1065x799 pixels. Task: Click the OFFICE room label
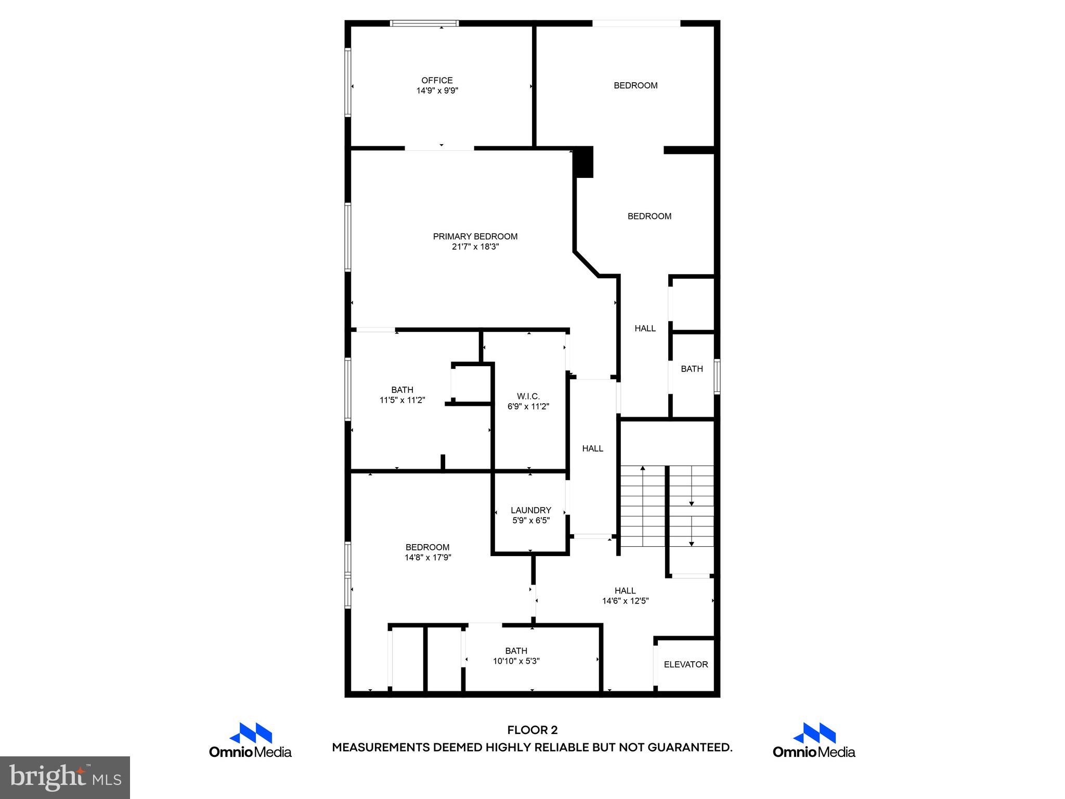(437, 80)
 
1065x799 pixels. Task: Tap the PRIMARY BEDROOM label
(475, 236)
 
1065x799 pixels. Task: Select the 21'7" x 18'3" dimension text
(475, 247)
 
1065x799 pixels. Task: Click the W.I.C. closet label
(528, 396)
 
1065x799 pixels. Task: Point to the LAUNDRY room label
(530, 510)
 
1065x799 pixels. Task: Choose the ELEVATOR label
(686, 664)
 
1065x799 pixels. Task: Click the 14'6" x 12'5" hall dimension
(625, 601)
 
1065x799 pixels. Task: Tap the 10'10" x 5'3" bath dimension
(516, 661)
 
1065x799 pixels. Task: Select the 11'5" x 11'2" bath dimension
(402, 400)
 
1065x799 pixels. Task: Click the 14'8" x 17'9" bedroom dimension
(427, 558)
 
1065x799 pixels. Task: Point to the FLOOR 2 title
(532, 730)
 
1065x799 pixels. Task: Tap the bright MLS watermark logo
(65, 777)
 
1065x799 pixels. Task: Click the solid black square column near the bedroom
(583, 162)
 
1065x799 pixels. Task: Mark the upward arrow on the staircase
(643, 469)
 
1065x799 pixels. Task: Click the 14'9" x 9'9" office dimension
(437, 91)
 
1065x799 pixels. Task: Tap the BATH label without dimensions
(692, 369)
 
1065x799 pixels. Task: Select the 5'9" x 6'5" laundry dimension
(530, 520)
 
